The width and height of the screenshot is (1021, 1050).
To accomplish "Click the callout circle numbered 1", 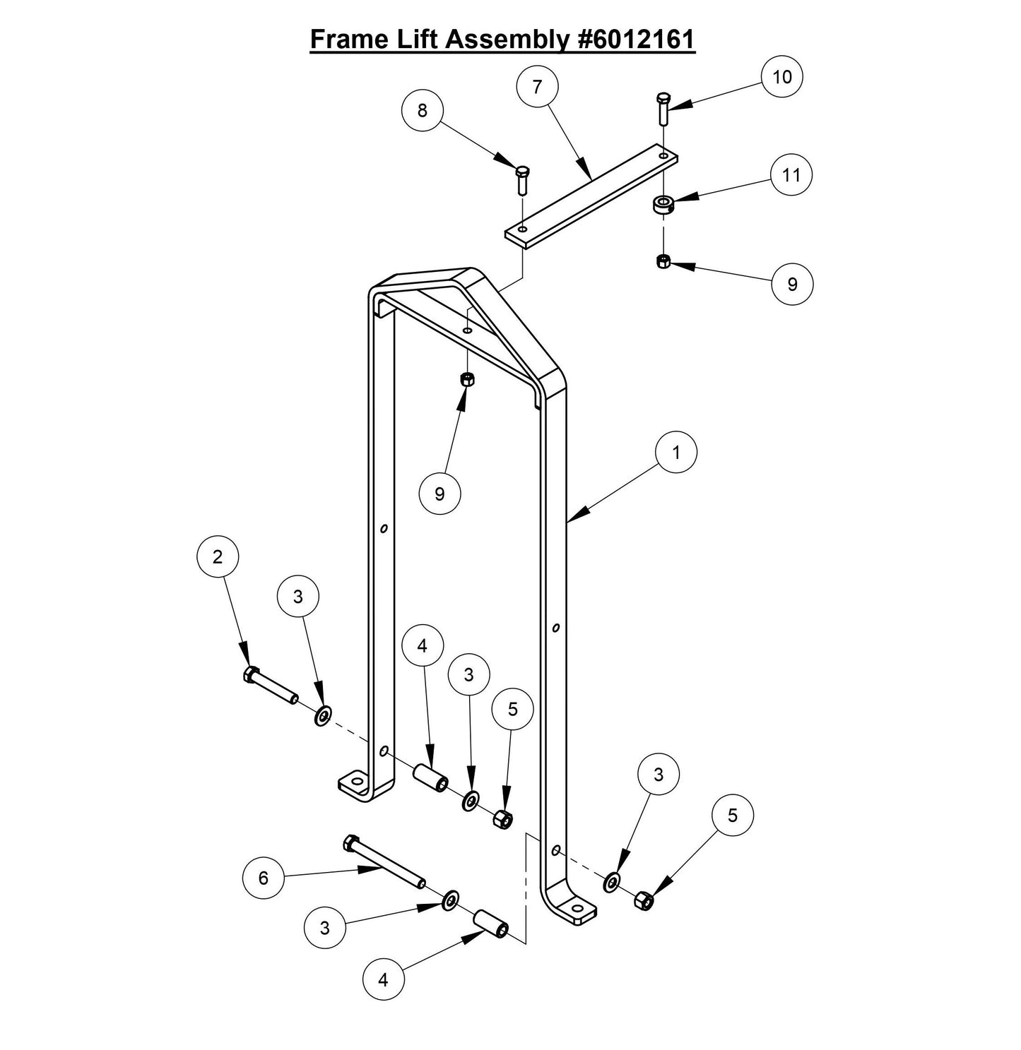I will [x=676, y=453].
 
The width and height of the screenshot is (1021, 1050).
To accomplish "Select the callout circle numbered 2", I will [x=218, y=557].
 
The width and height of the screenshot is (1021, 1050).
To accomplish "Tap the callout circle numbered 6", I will [x=264, y=878].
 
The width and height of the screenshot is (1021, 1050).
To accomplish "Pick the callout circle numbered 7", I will [x=538, y=87].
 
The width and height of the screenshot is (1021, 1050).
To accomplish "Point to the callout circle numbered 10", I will [x=782, y=76].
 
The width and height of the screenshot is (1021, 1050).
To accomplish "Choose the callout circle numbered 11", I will [x=791, y=174].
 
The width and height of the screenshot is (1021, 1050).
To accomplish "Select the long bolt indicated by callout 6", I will [x=383, y=863].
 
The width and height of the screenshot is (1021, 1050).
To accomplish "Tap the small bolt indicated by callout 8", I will [x=522, y=180].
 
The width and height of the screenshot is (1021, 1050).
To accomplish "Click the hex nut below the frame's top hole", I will [x=466, y=379].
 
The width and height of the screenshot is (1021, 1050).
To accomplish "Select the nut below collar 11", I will [x=663, y=262].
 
